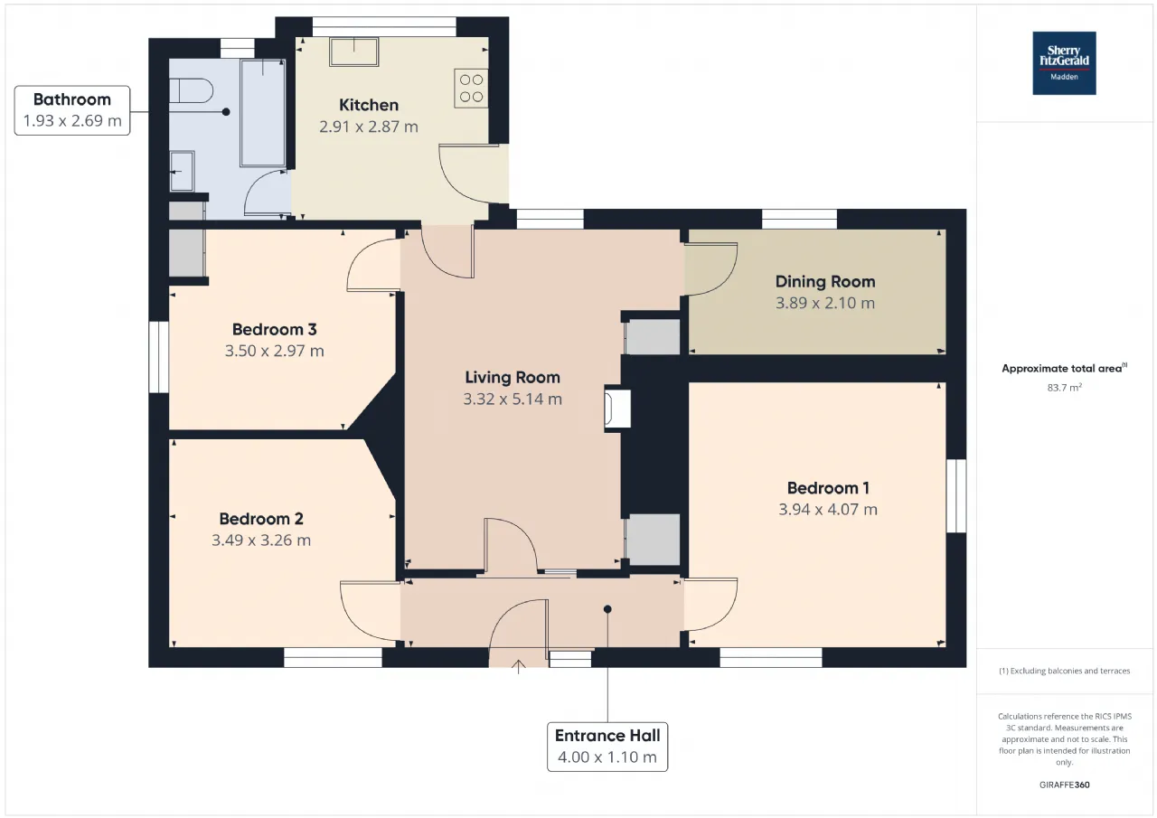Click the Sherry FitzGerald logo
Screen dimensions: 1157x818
1064,63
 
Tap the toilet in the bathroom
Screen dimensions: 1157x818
191,91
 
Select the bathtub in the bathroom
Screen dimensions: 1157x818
263,113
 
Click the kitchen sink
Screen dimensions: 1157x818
353,52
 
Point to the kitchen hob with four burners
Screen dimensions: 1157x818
471,89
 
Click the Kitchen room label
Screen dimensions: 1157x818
369,105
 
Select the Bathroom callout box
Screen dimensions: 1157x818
72,110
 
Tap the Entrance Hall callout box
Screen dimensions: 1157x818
607,747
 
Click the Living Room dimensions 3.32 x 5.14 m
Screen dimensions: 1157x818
513,399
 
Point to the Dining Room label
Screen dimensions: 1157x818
825,281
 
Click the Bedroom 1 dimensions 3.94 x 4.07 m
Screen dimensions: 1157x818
828,509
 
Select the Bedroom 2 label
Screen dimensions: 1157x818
261,519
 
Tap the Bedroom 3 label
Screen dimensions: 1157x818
274,329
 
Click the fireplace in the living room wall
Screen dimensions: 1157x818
617,409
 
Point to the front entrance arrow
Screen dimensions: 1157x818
519,666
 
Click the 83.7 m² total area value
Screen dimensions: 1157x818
1065,388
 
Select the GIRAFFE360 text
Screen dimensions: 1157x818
1065,785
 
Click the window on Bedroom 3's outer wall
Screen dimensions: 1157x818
159,357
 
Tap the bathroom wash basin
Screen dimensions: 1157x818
182,171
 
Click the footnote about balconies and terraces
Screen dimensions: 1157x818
1065,671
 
